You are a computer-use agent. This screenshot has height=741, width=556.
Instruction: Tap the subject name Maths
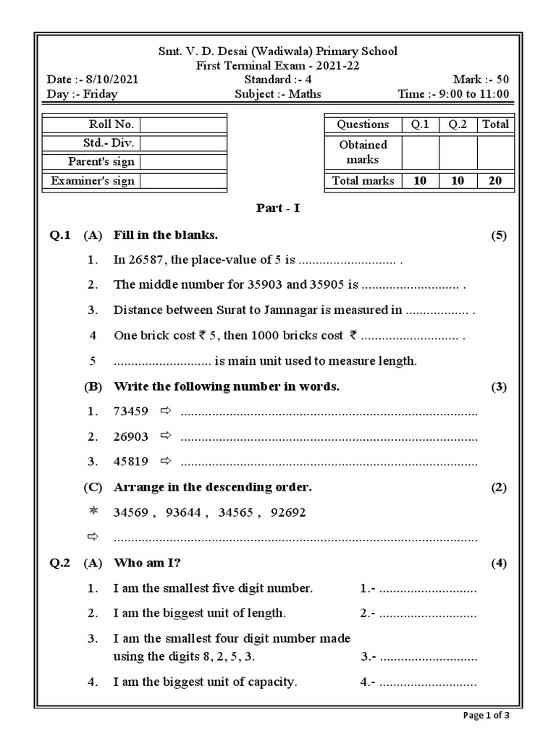pos(307,93)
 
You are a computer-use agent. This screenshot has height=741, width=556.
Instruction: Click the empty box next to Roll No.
pos(183,124)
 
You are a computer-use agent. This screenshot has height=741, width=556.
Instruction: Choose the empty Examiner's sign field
pos(183,181)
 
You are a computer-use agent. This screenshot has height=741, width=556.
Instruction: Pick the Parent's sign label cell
pos(92,162)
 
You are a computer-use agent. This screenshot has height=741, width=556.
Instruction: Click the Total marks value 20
pos(495,181)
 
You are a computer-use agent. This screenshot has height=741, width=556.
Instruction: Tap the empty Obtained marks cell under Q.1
pos(420,152)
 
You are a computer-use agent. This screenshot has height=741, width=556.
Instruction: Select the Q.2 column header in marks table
pos(458,124)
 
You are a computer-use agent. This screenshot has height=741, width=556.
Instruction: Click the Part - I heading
pos(278,208)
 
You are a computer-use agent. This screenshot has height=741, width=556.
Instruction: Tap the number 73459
pos(130,412)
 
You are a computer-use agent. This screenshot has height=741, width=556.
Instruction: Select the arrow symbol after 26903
pos(165,436)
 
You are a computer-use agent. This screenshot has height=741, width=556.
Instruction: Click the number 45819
pos(130,462)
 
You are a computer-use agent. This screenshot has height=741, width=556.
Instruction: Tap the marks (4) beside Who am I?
pos(498,563)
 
